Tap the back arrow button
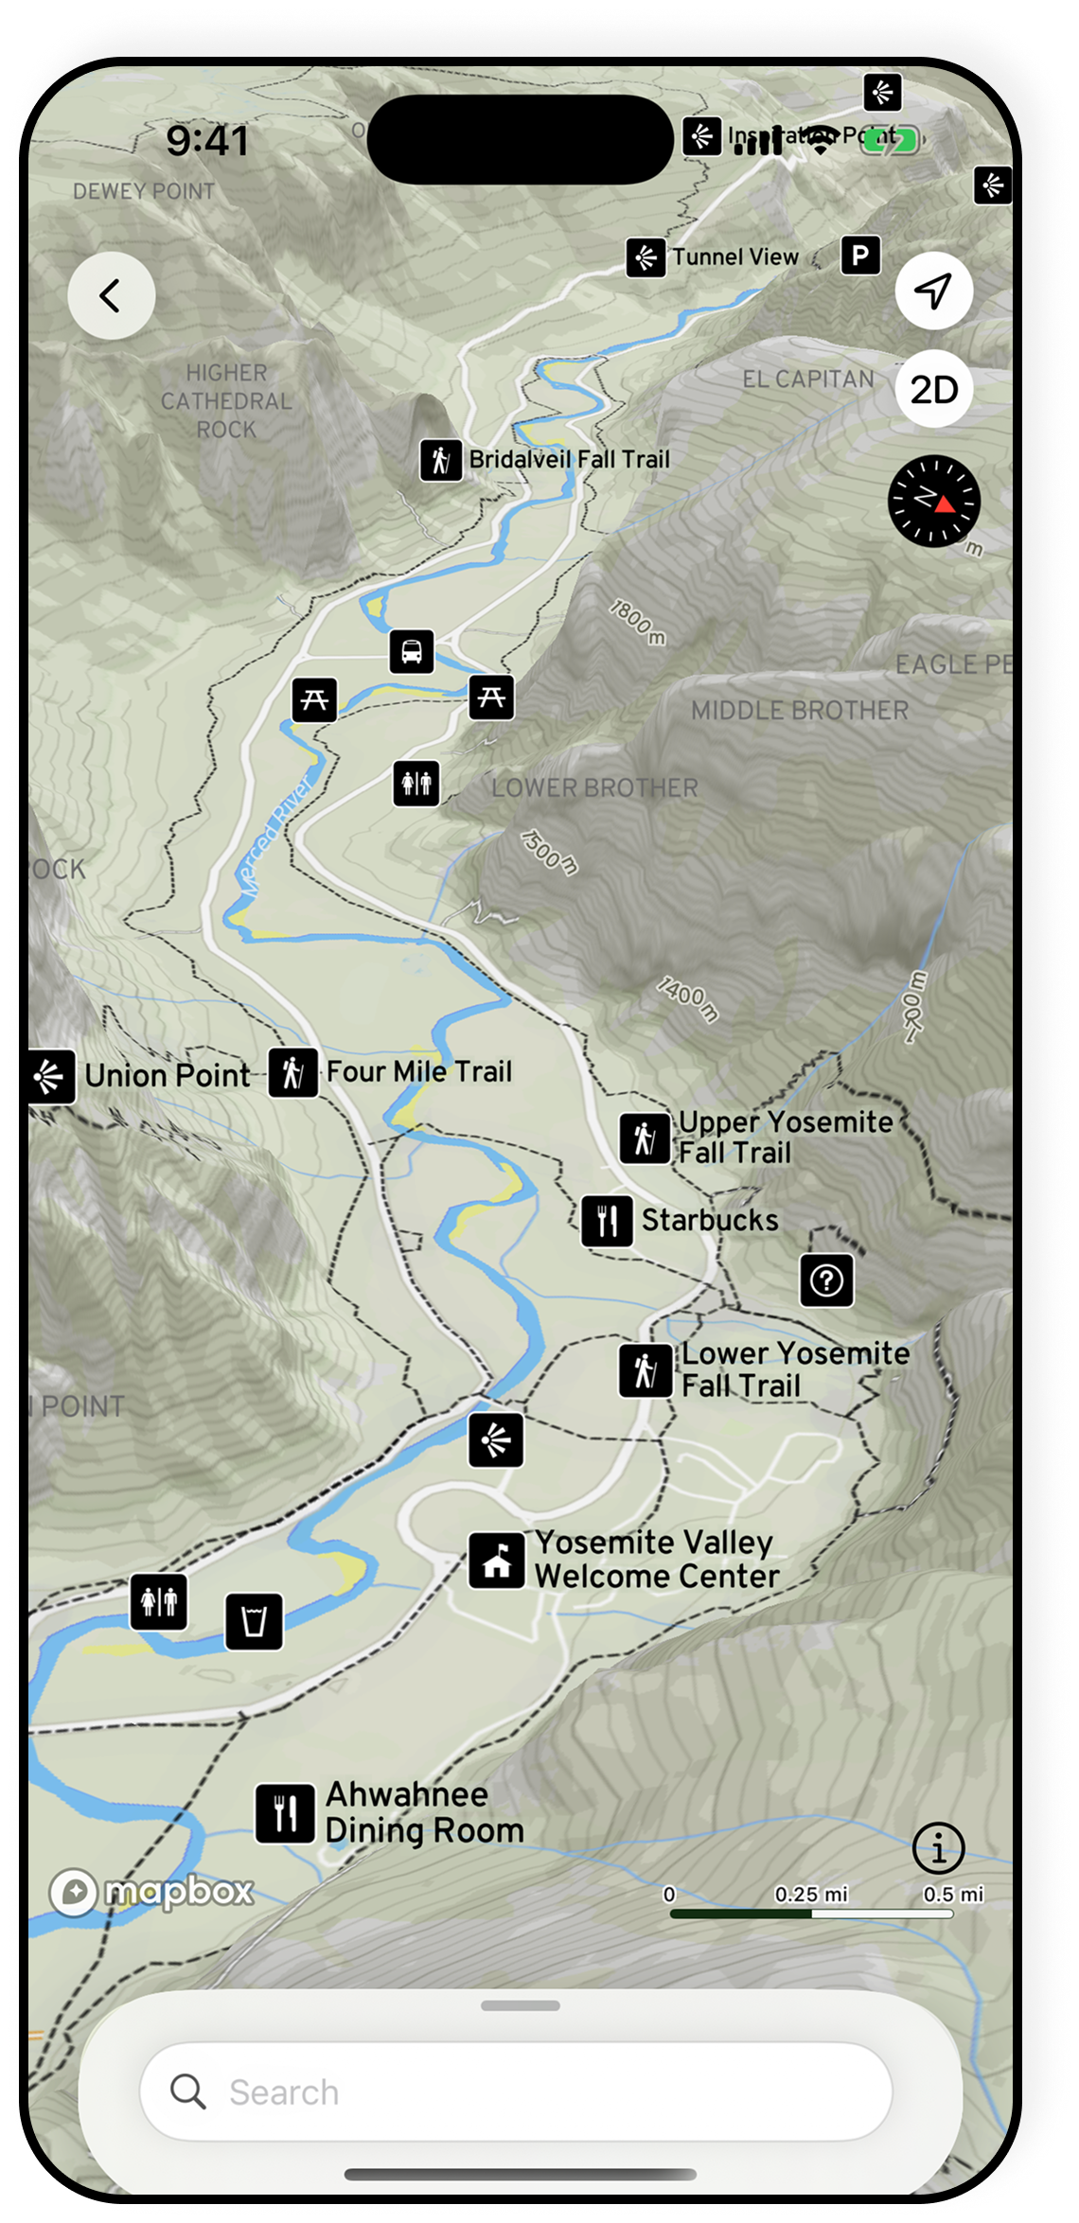[x=112, y=295]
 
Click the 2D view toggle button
[x=934, y=389]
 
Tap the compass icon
[x=934, y=501]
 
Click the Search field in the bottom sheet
[x=516, y=2091]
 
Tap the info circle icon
[x=939, y=1847]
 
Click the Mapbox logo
[x=151, y=1892]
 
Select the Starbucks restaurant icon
[x=608, y=1221]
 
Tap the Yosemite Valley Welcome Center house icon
[x=497, y=1560]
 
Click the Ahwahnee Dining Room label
[x=424, y=1812]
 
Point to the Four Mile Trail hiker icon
[x=293, y=1073]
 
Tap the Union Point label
[x=168, y=1076]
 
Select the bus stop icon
[x=412, y=652]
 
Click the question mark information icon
[x=827, y=1280]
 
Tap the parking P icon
[x=860, y=256]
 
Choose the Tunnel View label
[x=735, y=257]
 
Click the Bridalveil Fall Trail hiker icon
[x=441, y=461]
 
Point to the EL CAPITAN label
[x=808, y=379]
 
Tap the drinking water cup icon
[x=254, y=1622]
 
